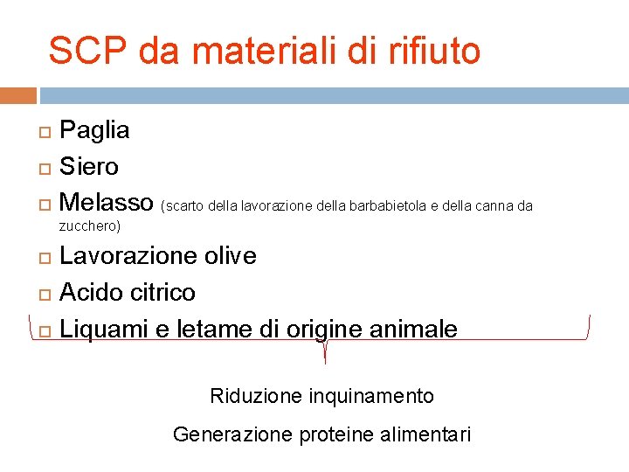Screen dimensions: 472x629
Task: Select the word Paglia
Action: (x=94, y=130)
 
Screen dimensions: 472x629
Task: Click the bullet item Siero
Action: (x=89, y=166)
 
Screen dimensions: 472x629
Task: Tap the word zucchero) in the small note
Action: (x=89, y=226)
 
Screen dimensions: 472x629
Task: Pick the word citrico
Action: (x=164, y=292)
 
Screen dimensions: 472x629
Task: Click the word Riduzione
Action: (x=256, y=396)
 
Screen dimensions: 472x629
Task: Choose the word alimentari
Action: (x=428, y=434)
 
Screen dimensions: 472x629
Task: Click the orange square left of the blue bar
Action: (x=18, y=95)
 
